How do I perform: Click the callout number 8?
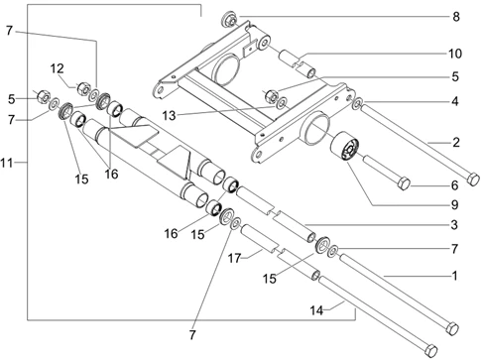point(456,17)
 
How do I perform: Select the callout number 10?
point(455,54)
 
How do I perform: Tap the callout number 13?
point(169,116)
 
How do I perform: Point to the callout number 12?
point(57,68)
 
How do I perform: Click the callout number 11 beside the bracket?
point(6,163)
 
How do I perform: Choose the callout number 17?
point(234,258)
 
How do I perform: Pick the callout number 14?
point(316,310)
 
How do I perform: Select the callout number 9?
point(455,205)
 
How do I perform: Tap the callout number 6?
point(455,185)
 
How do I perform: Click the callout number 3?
point(454,225)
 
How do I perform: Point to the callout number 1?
point(455,276)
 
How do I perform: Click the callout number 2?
point(456,143)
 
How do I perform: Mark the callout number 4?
point(455,101)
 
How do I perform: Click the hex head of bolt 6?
point(404,183)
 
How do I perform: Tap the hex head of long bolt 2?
point(473,179)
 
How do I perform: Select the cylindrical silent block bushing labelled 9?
point(344,147)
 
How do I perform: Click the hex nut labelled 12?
point(83,89)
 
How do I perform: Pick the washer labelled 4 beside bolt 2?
point(357,103)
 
